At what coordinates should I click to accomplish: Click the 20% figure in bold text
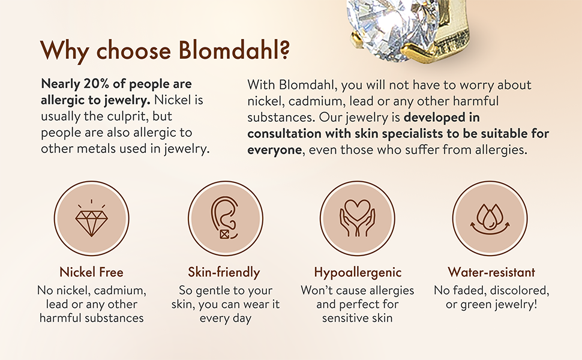(x=96, y=84)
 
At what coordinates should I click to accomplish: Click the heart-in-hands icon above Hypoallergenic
(x=358, y=218)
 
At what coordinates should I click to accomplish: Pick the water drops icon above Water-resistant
(x=490, y=219)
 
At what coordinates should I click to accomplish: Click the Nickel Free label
(x=91, y=272)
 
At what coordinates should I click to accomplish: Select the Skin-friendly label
(x=224, y=272)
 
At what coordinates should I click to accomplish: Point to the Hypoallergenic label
(x=358, y=273)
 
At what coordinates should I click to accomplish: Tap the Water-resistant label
(x=491, y=272)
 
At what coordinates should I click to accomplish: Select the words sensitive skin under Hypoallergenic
(x=358, y=318)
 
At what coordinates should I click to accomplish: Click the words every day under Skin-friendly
(x=226, y=319)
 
